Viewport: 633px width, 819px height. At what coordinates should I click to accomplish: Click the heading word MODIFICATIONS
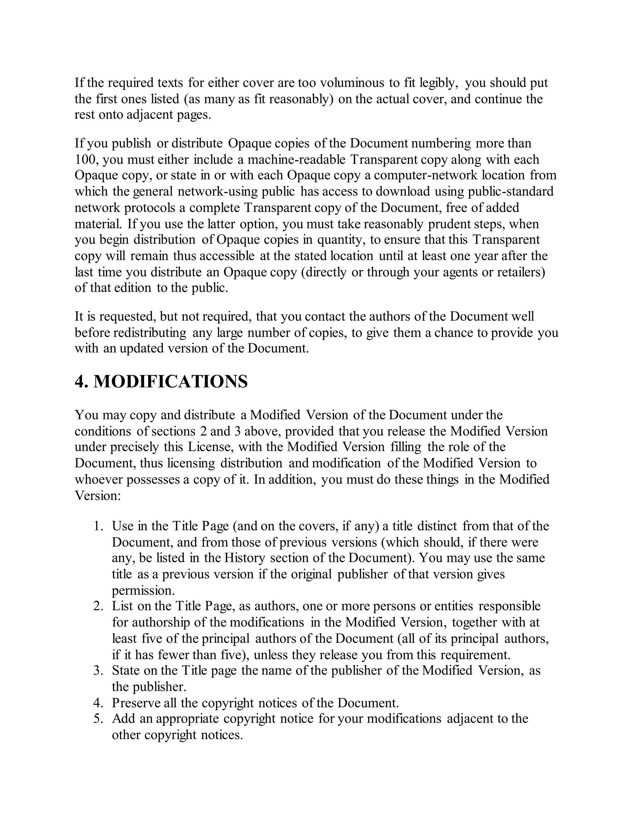coord(171,382)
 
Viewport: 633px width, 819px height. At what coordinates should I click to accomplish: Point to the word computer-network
coord(426,175)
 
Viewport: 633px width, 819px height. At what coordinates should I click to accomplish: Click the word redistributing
coord(149,333)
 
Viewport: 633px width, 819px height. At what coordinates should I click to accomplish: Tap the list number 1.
coord(98,526)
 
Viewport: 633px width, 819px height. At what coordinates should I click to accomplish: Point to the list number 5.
coord(98,719)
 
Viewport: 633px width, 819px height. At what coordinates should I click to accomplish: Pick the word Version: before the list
coord(97,496)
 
